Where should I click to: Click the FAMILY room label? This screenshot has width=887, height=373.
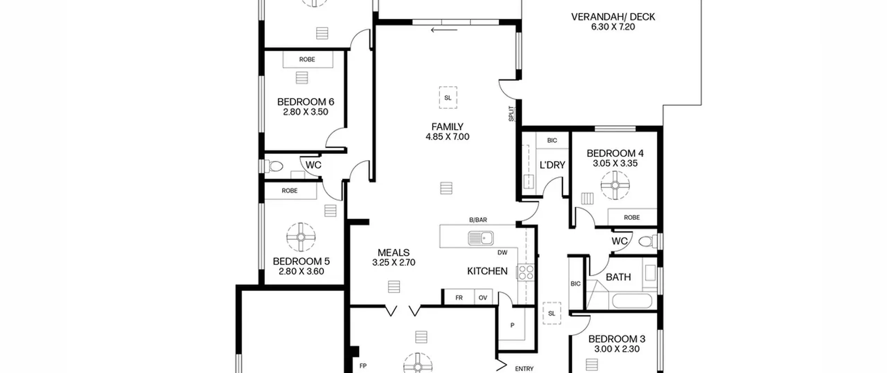(447, 127)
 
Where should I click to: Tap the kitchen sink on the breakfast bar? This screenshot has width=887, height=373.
(481, 238)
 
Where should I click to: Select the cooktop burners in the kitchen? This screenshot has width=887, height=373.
(526, 272)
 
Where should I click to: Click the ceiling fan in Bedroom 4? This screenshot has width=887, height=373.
(615, 186)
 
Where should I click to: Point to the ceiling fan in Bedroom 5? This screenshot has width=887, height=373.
(301, 237)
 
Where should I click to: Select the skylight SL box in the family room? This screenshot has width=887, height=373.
(448, 98)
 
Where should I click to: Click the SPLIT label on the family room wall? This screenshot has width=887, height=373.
(511, 113)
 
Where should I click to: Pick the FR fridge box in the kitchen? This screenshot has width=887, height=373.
(459, 297)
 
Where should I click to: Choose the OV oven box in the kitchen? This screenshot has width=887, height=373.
(483, 297)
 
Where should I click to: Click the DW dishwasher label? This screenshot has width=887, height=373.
(502, 253)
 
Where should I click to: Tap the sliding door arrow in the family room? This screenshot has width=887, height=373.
(444, 30)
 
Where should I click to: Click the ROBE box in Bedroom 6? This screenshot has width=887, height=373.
(308, 59)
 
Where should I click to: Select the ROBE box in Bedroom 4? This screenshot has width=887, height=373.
(632, 217)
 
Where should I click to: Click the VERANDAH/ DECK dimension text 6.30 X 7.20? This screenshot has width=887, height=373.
(613, 27)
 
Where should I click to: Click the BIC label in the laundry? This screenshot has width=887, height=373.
(552, 140)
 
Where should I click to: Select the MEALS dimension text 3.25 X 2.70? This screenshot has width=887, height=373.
(394, 263)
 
